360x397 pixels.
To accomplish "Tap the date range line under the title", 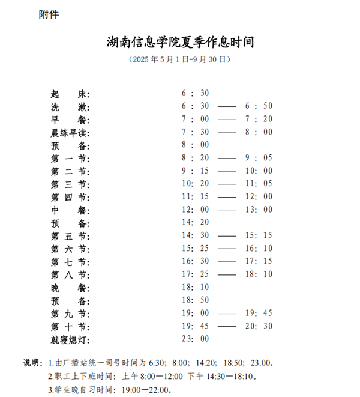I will tap(180, 60).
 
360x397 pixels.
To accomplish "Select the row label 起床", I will tap(70, 94).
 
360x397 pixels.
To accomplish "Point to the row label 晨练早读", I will tap(70, 132).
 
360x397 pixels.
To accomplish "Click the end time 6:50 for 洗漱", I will tap(259, 106).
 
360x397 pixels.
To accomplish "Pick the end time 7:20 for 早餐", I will tap(259, 119).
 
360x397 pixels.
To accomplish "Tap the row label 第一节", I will tap(70, 158).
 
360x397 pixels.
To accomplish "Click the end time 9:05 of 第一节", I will tap(259, 158).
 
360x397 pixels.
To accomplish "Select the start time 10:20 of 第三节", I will tap(195, 184).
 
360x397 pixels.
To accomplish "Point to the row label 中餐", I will tap(70, 210).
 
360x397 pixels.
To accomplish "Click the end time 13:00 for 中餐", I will tap(259, 210).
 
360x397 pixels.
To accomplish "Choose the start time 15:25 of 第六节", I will tap(195, 249).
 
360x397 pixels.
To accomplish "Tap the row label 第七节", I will tap(70, 262).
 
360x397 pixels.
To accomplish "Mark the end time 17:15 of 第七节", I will tap(259, 261).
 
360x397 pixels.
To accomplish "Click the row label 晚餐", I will tap(70, 288).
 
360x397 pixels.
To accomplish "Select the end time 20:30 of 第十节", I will tap(259, 327).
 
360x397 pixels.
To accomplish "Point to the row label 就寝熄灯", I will tap(70, 340).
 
